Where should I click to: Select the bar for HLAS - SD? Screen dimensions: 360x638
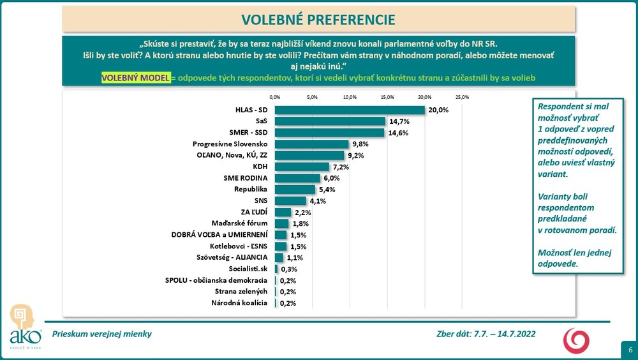(350, 110)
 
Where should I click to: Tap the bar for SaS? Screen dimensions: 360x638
(330, 121)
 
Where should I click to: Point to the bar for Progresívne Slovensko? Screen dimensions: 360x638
(311, 144)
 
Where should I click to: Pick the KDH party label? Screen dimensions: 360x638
(260, 167)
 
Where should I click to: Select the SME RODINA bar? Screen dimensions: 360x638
(297, 178)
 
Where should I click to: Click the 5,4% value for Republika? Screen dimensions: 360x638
(327, 190)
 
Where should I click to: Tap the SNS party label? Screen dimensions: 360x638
(260, 201)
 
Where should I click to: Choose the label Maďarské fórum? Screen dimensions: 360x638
(239, 224)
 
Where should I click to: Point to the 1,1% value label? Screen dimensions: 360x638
(295, 258)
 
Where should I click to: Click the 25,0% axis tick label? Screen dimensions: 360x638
(462, 98)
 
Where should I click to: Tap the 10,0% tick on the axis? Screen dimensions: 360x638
(350, 98)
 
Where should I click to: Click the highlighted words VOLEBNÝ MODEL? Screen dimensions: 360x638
(137, 77)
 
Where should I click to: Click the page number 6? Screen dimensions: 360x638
(630, 350)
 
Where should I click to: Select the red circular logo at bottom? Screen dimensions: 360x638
(575, 340)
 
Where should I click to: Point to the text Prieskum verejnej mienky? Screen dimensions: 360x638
(102, 334)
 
